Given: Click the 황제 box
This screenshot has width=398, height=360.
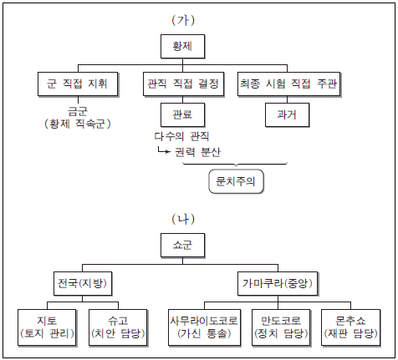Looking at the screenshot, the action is [183, 47].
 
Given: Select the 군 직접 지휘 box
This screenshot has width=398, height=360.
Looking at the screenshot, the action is [78, 84].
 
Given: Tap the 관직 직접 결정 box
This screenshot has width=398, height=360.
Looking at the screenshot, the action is [184, 84].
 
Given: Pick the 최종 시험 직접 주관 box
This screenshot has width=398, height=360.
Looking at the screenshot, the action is [289, 84].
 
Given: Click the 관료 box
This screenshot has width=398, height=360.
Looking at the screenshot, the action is [183, 115].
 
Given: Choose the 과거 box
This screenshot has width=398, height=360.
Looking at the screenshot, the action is [288, 115].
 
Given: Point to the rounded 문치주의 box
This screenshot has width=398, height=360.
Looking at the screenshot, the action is [236, 181].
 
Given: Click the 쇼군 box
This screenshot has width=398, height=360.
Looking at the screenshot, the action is [183, 246].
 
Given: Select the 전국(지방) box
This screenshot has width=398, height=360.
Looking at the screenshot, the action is [83, 284].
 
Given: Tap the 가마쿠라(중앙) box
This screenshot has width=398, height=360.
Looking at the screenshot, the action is [278, 284].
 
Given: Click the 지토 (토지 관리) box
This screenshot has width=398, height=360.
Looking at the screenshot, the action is [47, 327].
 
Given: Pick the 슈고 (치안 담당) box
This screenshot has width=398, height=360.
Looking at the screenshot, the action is [118, 327].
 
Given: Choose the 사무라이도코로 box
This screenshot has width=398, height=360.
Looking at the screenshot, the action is [205, 327].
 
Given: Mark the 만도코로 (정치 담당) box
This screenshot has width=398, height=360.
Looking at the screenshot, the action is [281, 327].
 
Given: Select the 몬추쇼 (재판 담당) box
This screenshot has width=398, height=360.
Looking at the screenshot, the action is [351, 327].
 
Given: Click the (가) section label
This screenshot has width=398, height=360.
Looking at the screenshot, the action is [183, 20].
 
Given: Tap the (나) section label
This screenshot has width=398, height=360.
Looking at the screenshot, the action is [183, 219].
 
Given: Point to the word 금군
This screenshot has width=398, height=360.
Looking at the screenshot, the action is [78, 112].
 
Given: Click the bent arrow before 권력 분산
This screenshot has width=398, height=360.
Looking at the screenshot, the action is [164, 150].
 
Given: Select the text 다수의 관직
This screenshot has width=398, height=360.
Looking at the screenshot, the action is [181, 136].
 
